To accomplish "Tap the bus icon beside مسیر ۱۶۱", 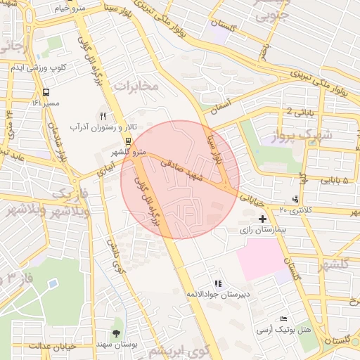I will click(46, 92).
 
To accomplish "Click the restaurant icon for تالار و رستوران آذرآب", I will click(103, 116).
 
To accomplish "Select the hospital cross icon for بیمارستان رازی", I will click(263, 219).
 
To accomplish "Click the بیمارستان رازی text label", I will click(262, 231).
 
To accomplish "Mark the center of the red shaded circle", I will click(180, 180).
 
